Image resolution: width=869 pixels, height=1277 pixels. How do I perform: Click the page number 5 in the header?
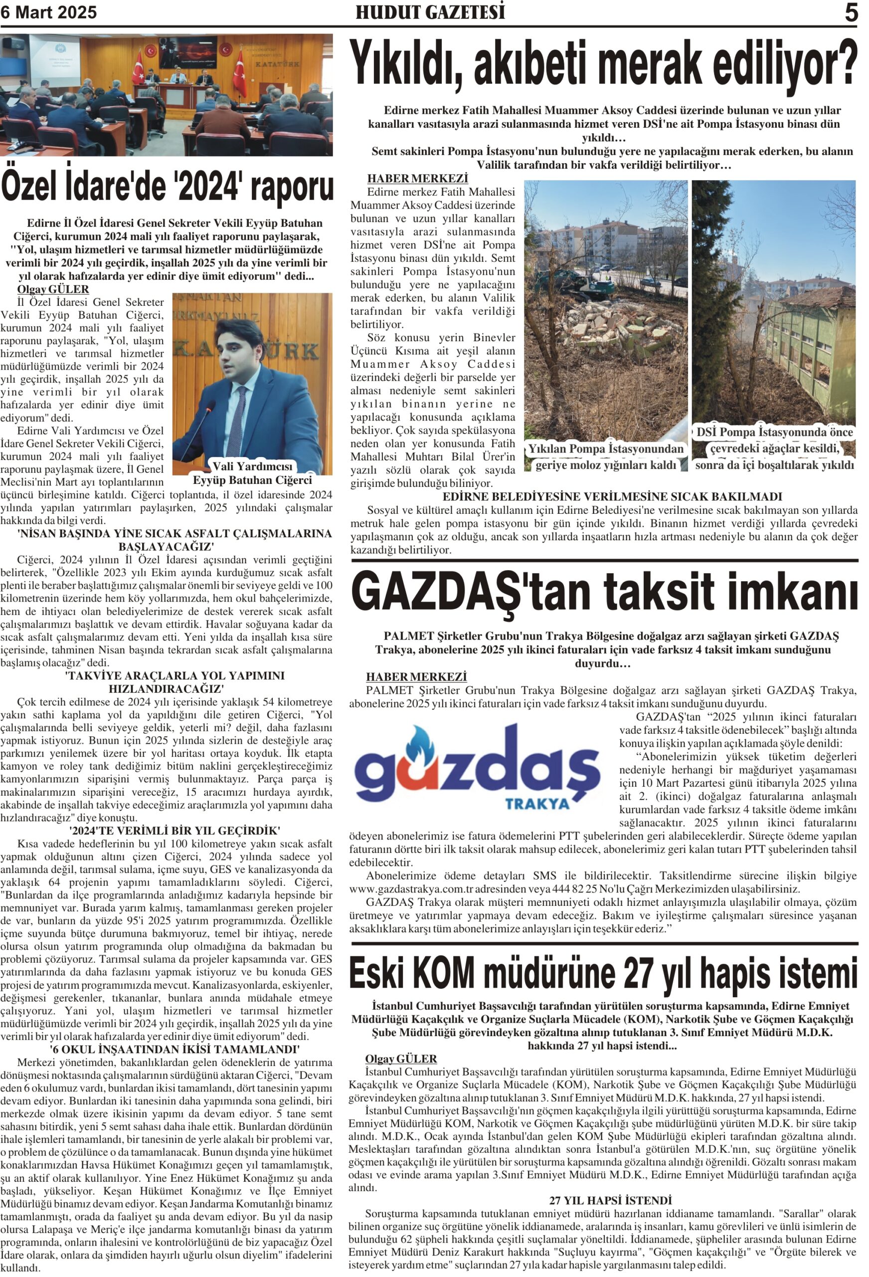[x=851, y=12]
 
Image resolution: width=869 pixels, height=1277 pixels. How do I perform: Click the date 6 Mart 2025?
[x=48, y=12]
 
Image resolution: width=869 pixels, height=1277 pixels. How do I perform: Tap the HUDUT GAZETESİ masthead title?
[x=430, y=12]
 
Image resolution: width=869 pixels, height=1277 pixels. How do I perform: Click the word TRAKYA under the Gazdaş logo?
[x=538, y=803]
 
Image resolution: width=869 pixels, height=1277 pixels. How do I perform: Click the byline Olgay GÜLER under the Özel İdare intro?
[x=53, y=289]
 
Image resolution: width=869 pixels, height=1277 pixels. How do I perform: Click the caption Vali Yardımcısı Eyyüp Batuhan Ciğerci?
[x=253, y=473]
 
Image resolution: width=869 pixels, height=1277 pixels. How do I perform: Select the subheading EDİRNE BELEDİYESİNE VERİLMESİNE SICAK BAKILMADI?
[x=612, y=497]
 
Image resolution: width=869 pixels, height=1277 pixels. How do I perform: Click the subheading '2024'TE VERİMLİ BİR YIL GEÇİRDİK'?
[x=175, y=830]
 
